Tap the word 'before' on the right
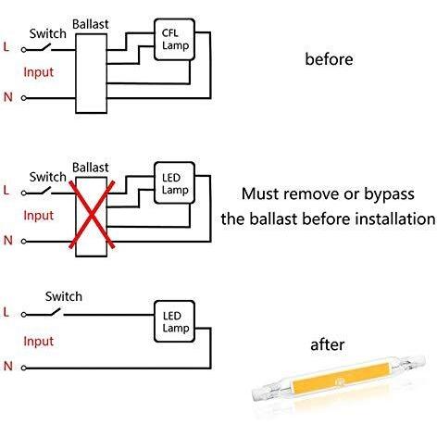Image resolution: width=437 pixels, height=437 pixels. [x=329, y=59]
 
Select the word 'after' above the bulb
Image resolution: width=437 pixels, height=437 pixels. [x=327, y=344]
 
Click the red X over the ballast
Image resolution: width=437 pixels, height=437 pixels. [x=92, y=215]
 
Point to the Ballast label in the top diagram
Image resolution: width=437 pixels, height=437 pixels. [x=91, y=24]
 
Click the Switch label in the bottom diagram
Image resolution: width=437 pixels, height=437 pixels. [x=64, y=296]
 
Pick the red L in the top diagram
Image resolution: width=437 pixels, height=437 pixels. [x=6, y=47]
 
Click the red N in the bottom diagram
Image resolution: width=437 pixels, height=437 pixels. [x=8, y=367]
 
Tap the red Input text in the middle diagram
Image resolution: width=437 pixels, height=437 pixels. [x=39, y=216]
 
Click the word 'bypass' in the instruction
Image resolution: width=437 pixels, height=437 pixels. [x=389, y=194]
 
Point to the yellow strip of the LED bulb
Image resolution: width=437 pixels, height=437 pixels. [x=341, y=378]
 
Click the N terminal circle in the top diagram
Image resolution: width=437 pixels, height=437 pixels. [x=24, y=98]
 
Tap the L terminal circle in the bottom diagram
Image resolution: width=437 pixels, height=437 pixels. [x=24, y=315]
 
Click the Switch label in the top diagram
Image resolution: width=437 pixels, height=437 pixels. [x=48, y=33]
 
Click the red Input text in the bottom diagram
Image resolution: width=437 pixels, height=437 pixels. [x=39, y=342]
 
